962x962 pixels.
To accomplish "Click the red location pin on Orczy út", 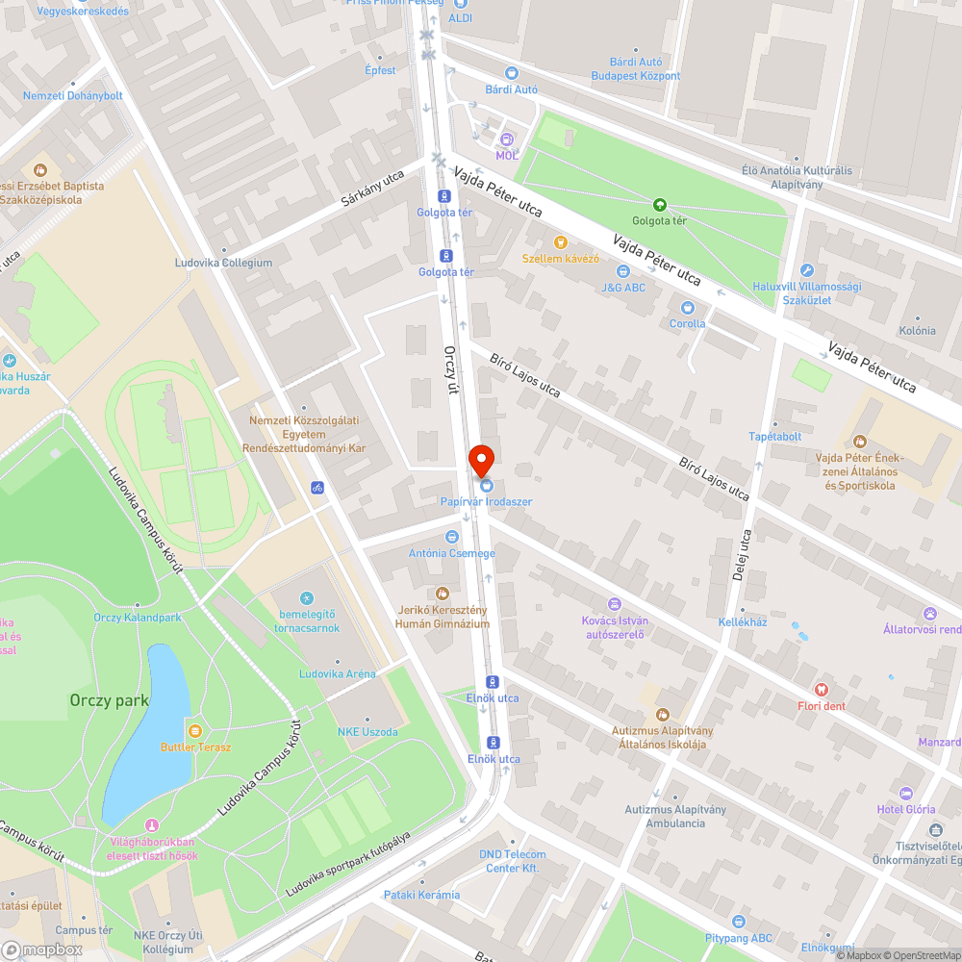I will (481, 460).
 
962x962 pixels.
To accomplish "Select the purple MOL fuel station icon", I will (507, 139).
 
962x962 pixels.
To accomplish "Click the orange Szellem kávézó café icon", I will (561, 242).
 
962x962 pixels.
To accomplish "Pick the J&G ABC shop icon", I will (623, 271).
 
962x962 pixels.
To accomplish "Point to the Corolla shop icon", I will (687, 308).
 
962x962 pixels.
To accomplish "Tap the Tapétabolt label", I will (774, 437).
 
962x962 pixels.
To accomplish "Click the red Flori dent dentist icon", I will (821, 690).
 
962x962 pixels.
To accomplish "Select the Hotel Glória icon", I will (905, 794).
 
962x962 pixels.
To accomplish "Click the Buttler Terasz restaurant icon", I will (195, 731).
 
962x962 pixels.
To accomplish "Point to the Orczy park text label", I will (109, 700).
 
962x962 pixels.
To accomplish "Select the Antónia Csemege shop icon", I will (451, 537).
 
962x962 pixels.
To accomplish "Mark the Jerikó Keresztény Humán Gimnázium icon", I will (443, 594).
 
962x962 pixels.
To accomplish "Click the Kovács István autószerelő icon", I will (616, 604).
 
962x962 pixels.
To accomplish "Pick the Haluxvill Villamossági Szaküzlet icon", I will (806, 271).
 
